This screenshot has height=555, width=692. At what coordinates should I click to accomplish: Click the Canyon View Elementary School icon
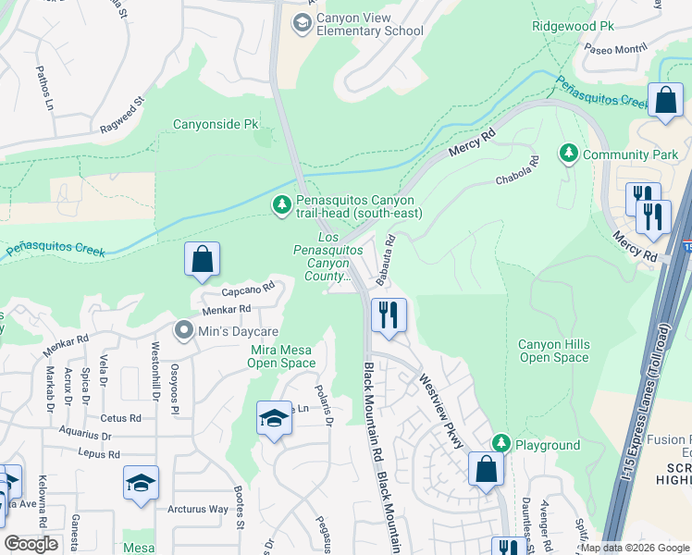coord(302,22)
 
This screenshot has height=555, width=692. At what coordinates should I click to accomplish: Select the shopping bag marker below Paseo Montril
coord(664,102)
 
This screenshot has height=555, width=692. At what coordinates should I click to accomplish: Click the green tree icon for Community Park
coord(568,154)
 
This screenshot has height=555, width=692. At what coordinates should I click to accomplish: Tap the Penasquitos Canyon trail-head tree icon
coord(282,204)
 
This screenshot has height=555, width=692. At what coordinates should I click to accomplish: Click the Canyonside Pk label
coord(216,124)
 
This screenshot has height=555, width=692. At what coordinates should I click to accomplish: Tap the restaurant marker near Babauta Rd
coord(389,315)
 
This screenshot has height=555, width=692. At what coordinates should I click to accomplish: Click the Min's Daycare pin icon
coord(183,330)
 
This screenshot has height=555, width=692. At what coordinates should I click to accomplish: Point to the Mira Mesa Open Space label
coord(283,356)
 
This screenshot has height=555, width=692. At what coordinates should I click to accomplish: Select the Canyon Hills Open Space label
coord(554,351)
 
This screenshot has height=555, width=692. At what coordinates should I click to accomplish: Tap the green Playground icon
coord(500,445)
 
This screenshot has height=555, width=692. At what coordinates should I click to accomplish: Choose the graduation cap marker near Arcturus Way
coord(141,484)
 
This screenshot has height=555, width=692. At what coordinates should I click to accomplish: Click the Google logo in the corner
coord(31,544)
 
